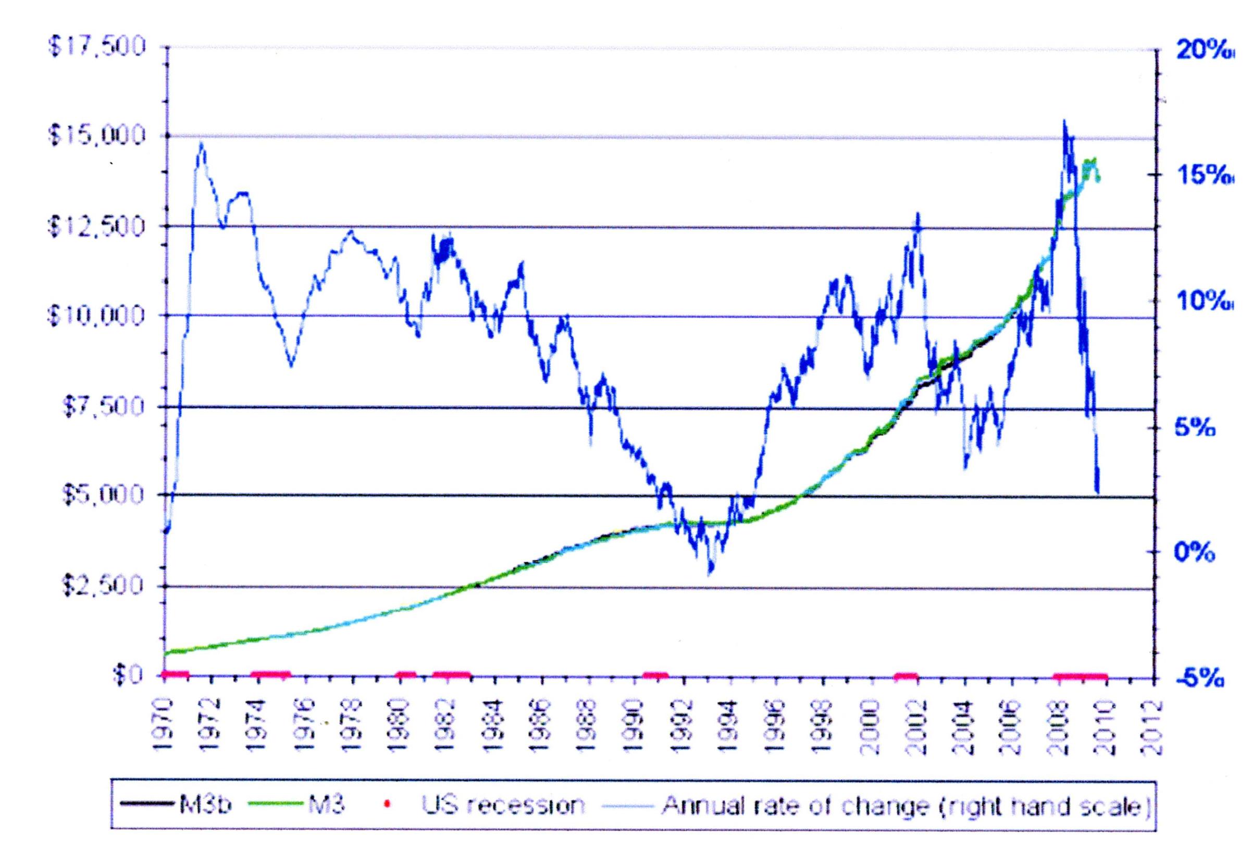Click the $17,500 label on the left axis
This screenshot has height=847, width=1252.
coord(97,47)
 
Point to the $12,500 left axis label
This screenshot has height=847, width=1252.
coord(97,226)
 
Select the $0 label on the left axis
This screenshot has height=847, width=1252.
coord(129,675)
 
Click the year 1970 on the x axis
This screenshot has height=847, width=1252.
coord(165,725)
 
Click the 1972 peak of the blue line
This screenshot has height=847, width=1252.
coord(202,143)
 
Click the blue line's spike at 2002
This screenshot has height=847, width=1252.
coord(918,214)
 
